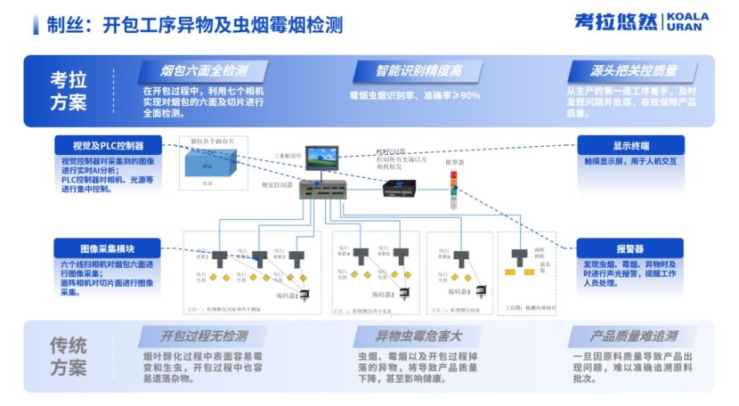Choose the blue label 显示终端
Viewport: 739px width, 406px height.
[x=630, y=145]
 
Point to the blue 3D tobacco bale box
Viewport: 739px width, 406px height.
[x=210, y=161]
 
